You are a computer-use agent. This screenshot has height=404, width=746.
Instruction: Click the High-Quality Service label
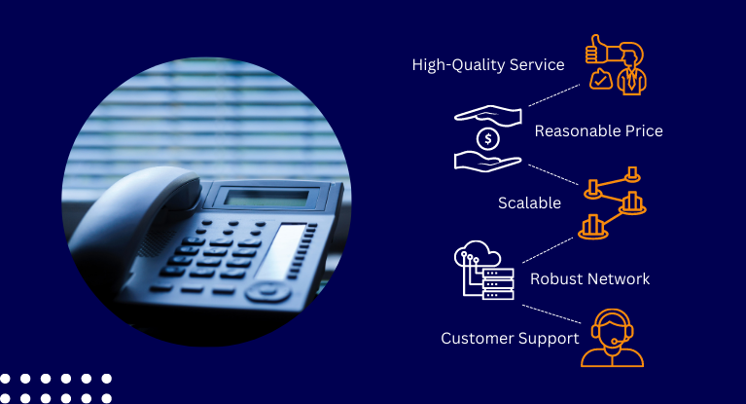pos(487,65)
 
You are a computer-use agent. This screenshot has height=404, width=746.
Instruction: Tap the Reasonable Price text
pos(598,130)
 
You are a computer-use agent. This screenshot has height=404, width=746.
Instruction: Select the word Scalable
pos(529,203)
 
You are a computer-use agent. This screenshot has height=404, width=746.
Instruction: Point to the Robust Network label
pos(589,279)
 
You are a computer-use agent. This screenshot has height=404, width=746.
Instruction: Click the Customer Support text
pos(510,339)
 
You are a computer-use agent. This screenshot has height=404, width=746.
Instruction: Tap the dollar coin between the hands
pos(488,139)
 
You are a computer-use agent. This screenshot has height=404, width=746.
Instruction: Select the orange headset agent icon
pos(612,338)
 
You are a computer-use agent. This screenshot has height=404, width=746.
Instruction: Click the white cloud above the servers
pos(478,256)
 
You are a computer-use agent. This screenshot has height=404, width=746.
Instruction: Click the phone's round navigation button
pos(266,291)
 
